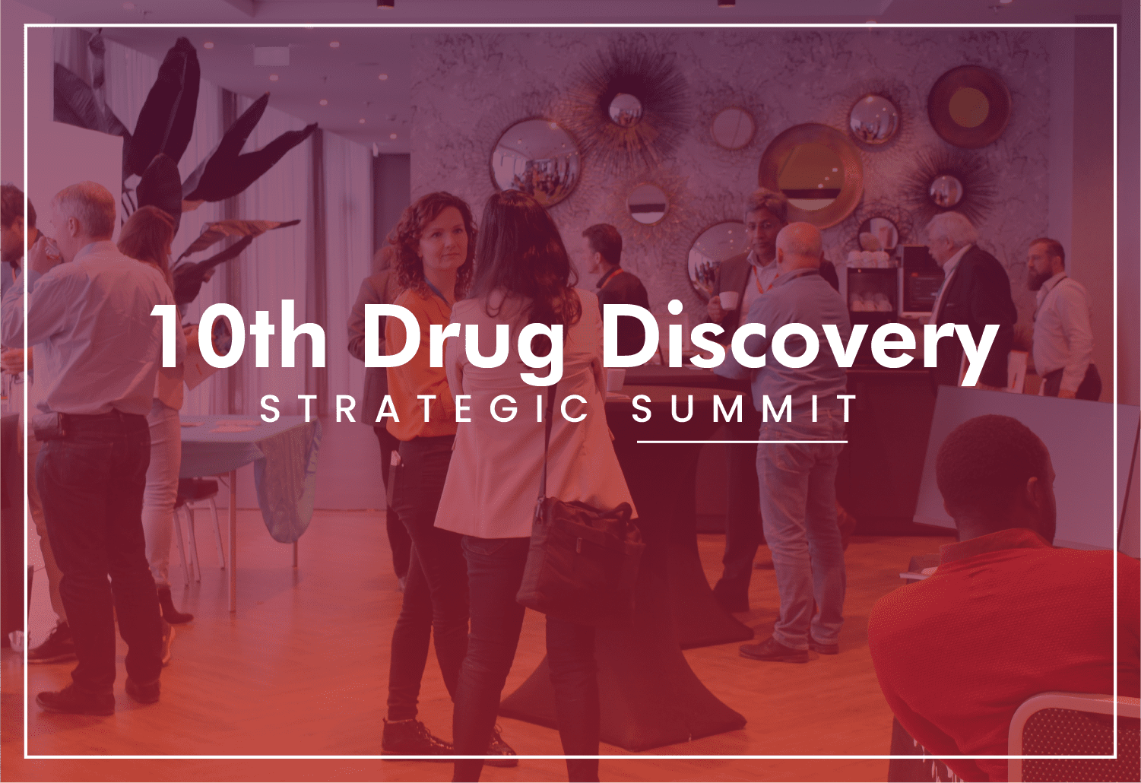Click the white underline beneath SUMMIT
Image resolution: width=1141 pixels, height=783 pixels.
[x=742, y=442]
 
